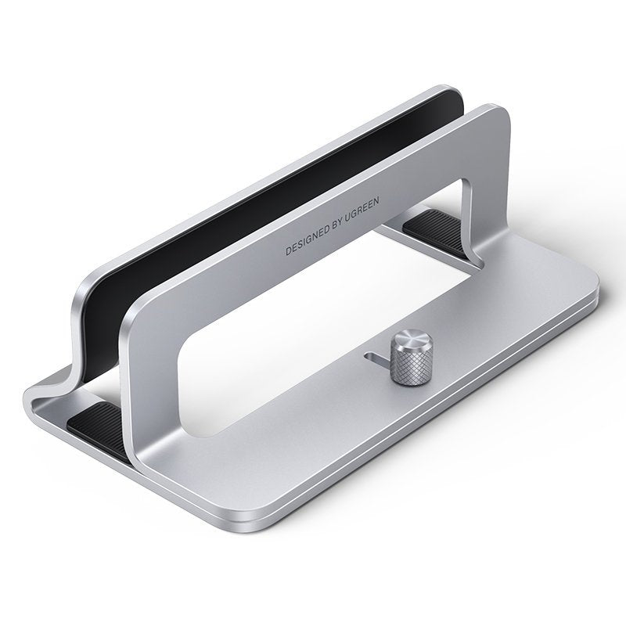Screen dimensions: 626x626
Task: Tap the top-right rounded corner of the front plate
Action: [x=497, y=117]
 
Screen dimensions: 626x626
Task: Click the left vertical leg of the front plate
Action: [x=149, y=368]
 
